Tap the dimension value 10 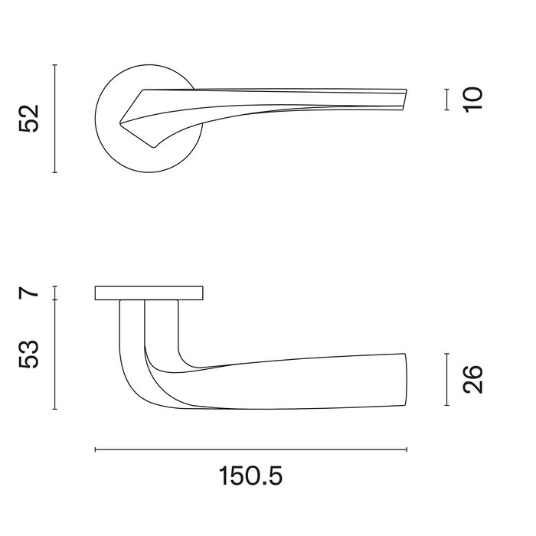[x=473, y=100]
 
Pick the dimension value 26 [x=473, y=380]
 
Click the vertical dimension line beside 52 [x=55, y=119]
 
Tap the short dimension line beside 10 [x=446, y=100]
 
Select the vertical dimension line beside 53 [x=55, y=354]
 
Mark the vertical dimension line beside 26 [x=446, y=380]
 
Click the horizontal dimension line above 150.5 [x=251, y=449]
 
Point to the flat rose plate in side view [x=149, y=293]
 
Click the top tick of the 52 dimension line [x=55, y=66]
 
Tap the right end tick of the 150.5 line [x=407, y=449]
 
